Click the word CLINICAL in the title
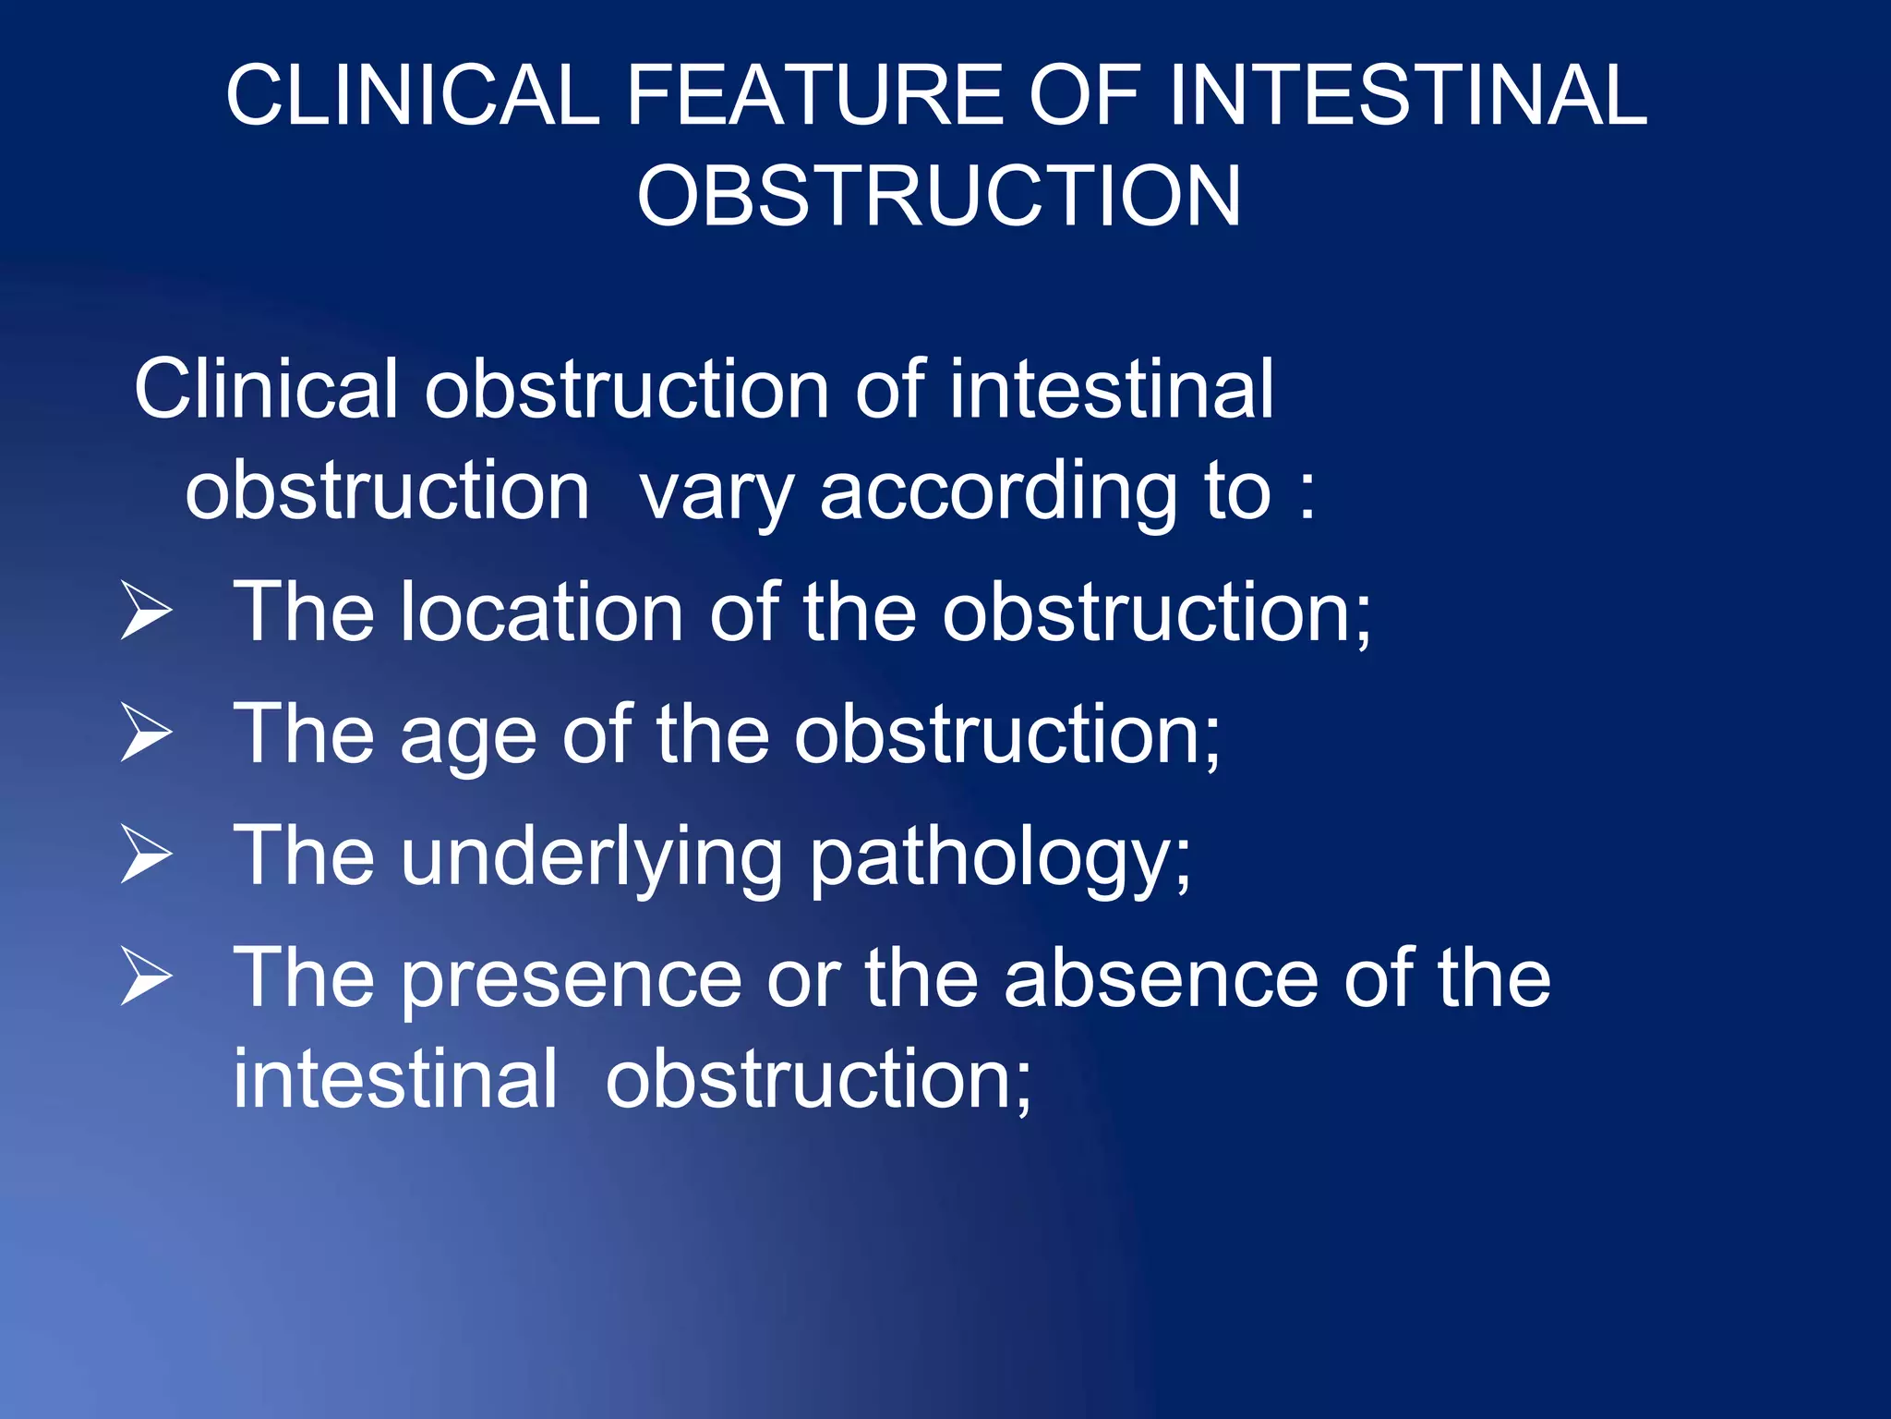point(413,95)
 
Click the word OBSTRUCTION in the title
point(938,196)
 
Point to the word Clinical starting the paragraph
point(266,390)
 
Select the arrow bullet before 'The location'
point(147,612)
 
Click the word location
point(541,612)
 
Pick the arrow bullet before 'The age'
point(147,734)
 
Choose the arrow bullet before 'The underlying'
point(147,855)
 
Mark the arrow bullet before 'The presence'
point(147,978)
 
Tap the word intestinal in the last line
point(395,1079)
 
